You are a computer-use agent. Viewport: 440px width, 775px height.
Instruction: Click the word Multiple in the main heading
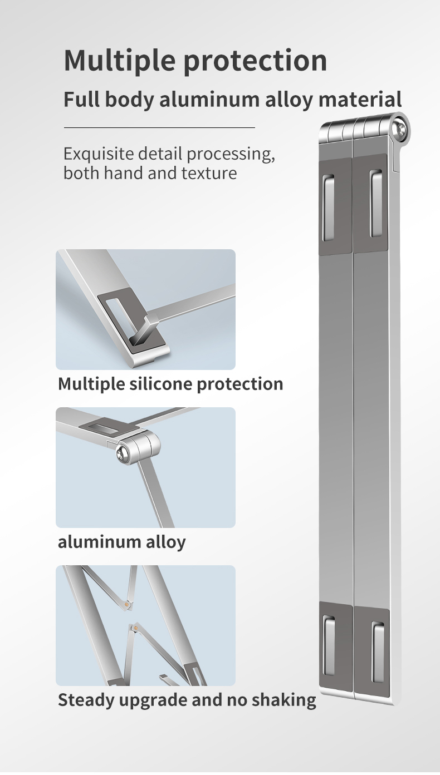(120, 61)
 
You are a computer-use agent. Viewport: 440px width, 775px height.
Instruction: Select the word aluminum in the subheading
(209, 99)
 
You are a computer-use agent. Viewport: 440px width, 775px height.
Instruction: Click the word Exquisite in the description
(99, 154)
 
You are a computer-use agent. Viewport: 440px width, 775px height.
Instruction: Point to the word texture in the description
(209, 173)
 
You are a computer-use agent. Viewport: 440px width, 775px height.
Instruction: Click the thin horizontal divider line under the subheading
(159, 127)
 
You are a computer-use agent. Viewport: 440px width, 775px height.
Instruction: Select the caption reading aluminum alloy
(121, 542)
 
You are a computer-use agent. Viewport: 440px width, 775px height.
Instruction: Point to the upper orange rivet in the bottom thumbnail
(128, 604)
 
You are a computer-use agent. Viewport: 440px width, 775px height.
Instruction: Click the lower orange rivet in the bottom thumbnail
(136, 628)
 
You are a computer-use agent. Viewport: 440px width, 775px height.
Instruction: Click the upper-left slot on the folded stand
(329, 208)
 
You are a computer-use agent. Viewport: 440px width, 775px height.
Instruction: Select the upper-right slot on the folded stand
(375, 204)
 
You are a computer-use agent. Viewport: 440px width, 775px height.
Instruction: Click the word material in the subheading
(360, 99)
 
